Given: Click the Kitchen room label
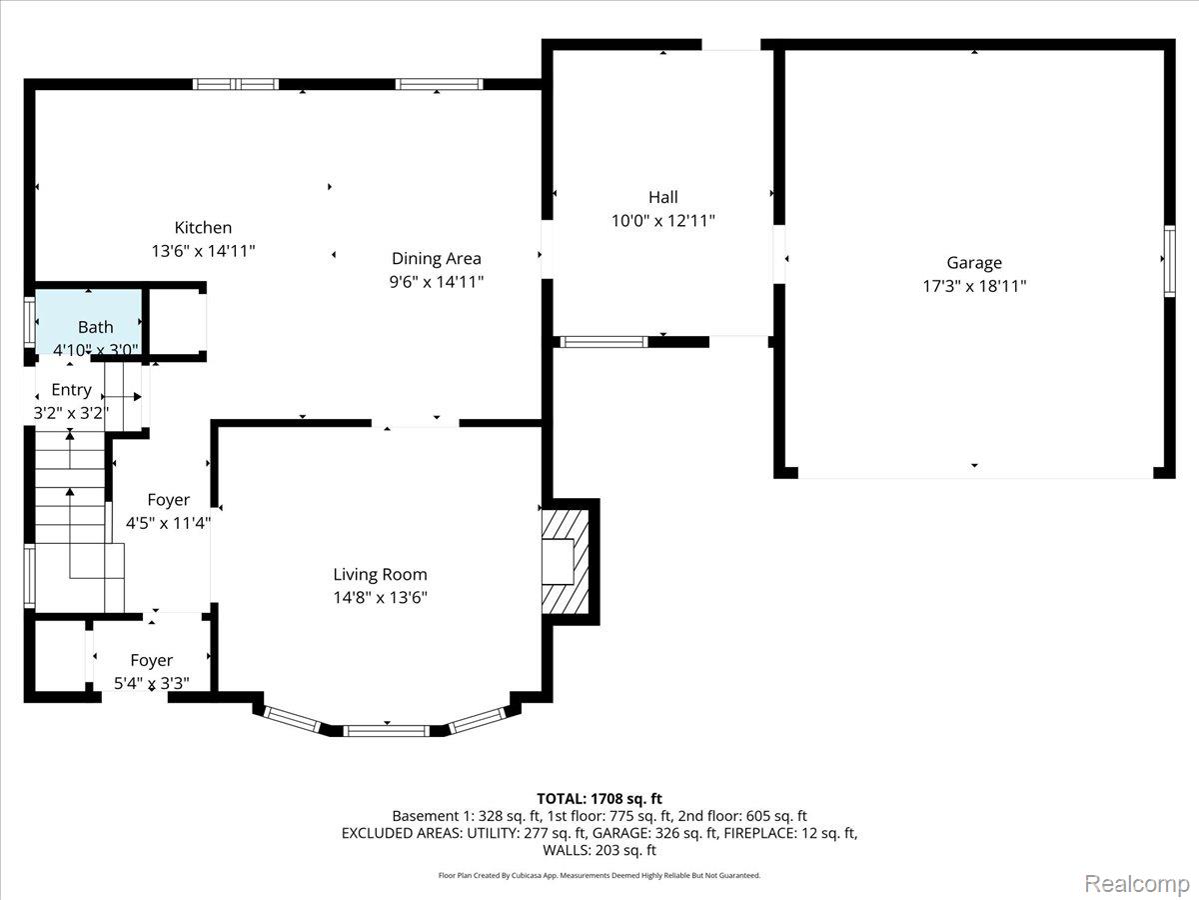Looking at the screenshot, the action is click(x=203, y=227).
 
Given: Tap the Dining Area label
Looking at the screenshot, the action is click(x=437, y=258).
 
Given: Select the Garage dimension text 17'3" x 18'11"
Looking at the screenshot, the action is click(x=974, y=286).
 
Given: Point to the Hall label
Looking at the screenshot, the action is click(x=663, y=197).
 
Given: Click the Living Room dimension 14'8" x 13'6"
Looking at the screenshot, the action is click(x=381, y=598).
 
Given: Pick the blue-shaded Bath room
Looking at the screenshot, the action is click(x=89, y=322).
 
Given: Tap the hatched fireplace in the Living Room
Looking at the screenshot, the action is click(x=566, y=561).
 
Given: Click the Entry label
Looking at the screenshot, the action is click(x=72, y=390).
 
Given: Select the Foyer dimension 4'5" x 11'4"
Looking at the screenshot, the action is click(x=168, y=523).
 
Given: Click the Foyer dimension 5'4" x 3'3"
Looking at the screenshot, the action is click(x=152, y=684).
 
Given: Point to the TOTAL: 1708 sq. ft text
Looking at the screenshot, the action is click(x=599, y=799).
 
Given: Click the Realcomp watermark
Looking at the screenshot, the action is click(x=1137, y=884).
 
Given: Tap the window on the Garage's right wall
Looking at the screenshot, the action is click(x=1169, y=261).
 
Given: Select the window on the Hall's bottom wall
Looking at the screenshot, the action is click(x=604, y=342).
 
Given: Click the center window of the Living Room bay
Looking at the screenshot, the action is click(x=387, y=731).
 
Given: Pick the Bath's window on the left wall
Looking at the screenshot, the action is click(x=29, y=322).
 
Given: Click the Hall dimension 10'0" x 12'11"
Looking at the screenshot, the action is click(x=663, y=221).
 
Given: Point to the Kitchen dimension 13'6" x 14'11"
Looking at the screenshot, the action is click(x=203, y=251).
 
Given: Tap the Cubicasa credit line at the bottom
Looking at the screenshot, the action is click(x=599, y=875).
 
